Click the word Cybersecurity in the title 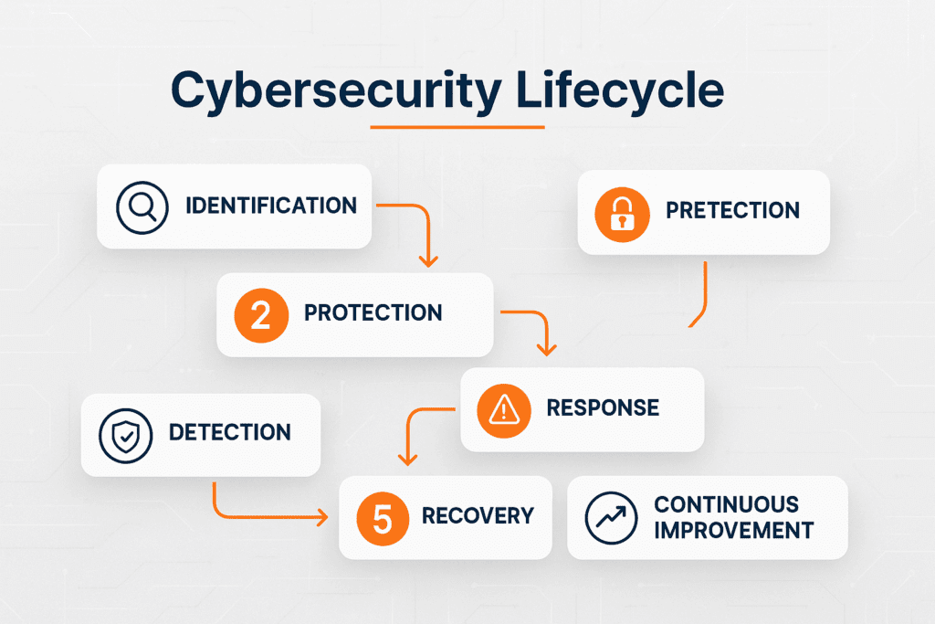click(x=336, y=90)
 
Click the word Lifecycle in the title click(x=620, y=90)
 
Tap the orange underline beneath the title click(x=457, y=127)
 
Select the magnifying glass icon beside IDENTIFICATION click(x=142, y=207)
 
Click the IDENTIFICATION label click(x=271, y=206)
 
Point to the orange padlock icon click(x=622, y=214)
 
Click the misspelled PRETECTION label click(x=732, y=210)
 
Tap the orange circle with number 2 click(x=261, y=315)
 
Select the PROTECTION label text click(x=373, y=312)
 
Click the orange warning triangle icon click(x=504, y=411)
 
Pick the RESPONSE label click(x=603, y=408)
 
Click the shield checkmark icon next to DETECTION click(x=126, y=436)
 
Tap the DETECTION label click(x=229, y=432)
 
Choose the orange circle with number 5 click(x=383, y=519)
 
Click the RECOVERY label click(x=478, y=516)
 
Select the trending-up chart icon click(x=611, y=518)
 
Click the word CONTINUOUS click(x=726, y=504)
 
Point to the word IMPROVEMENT click(x=733, y=530)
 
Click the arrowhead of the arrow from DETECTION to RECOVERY click(x=322, y=517)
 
